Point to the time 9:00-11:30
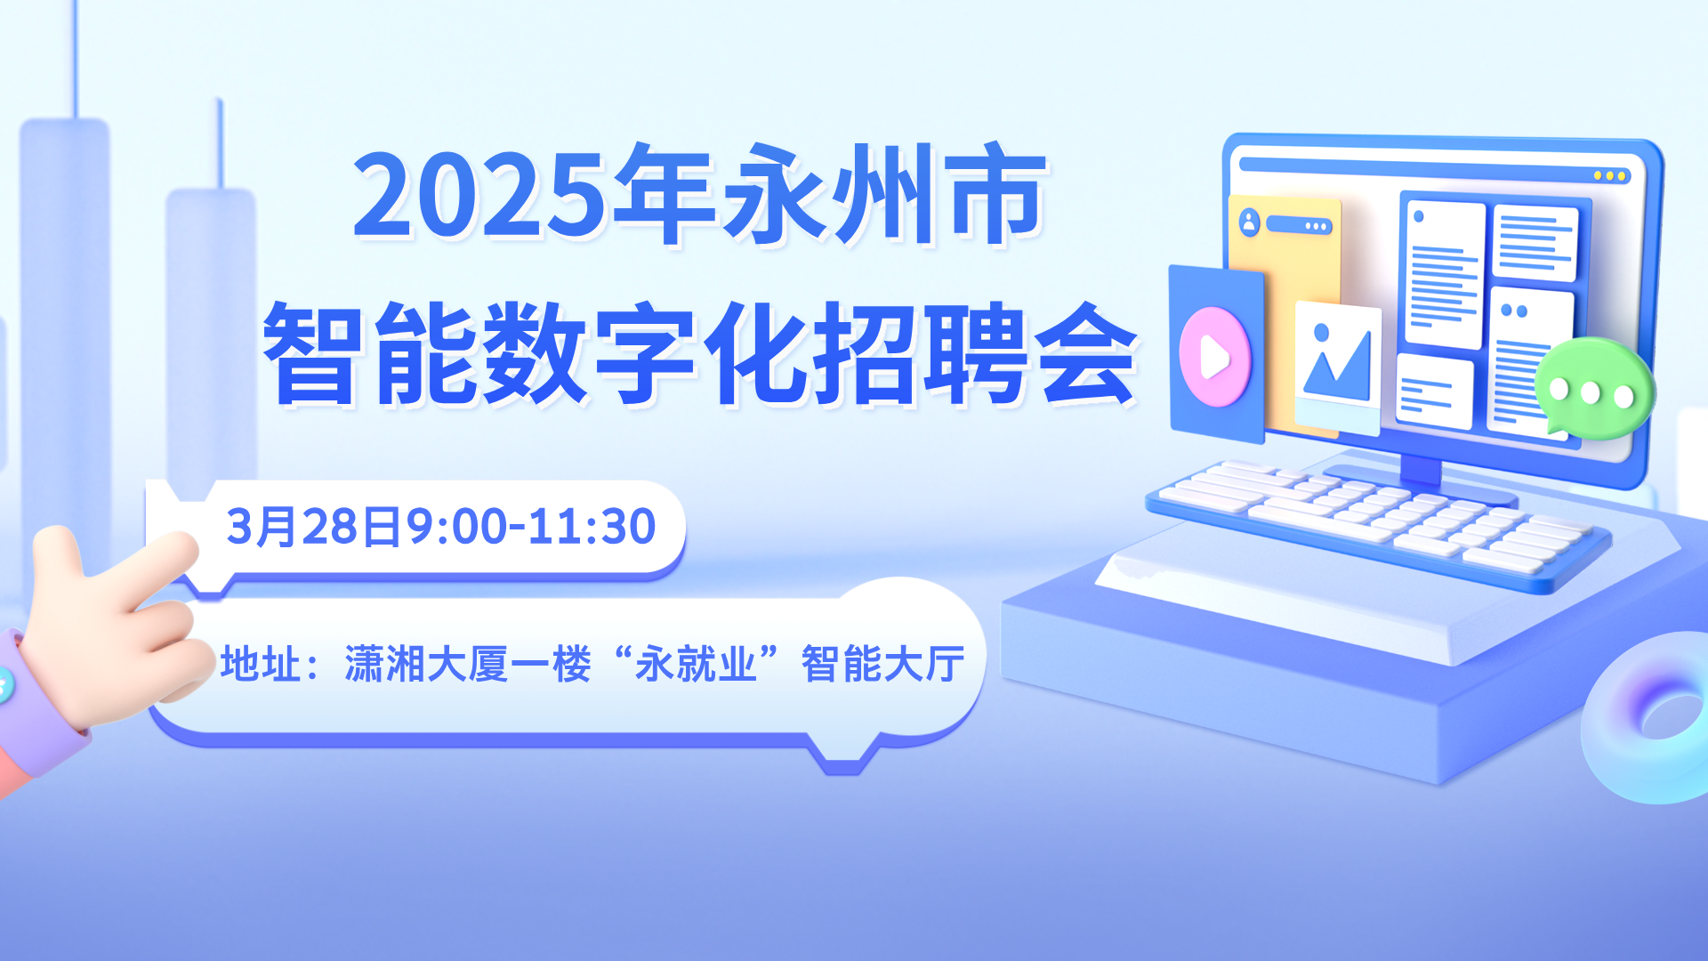(531, 526)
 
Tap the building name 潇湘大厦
(427, 664)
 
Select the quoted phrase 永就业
(696, 664)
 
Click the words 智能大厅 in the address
(882, 664)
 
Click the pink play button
(1214, 357)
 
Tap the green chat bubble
(1595, 389)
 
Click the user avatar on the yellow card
(1250, 222)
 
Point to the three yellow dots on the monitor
(1610, 176)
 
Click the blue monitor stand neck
(1421, 468)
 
